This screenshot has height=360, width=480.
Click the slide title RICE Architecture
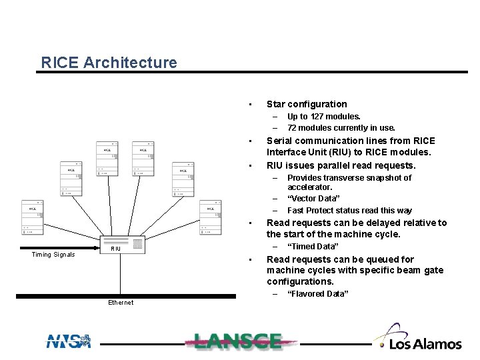(109, 63)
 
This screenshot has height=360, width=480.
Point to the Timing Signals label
(53, 255)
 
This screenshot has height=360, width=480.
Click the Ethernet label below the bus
(120, 303)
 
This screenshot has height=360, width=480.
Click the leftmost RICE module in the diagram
(32, 217)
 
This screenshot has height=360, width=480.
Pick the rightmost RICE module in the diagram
(210, 217)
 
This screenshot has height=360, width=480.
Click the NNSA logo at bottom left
(67, 341)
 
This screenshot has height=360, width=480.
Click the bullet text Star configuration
(307, 104)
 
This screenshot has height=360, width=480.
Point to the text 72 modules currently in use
(341, 127)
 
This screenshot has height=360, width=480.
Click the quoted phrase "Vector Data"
(313, 199)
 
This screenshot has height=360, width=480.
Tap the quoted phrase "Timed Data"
(313, 247)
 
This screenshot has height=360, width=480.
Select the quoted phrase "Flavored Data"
(317, 294)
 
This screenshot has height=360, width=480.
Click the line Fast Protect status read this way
(349, 210)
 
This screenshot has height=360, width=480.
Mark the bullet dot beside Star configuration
(249, 104)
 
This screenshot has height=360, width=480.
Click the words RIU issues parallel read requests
(341, 165)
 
